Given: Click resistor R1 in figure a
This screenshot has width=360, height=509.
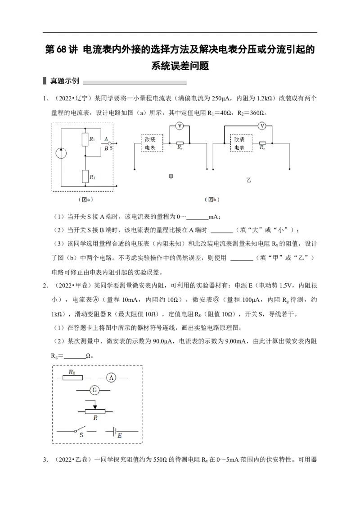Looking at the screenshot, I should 84,139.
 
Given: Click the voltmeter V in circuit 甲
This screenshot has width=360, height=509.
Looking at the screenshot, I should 179,127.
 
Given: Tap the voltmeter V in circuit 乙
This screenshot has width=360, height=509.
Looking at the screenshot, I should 262,127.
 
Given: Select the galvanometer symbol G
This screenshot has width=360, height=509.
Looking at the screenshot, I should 94,390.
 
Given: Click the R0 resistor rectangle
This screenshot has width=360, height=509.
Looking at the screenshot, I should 72,378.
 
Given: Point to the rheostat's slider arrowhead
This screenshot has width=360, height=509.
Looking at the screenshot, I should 94,407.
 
